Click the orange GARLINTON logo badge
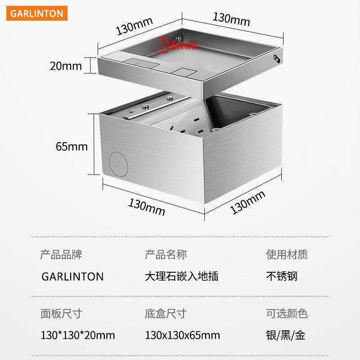tap(37, 13)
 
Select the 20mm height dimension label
tap(66, 66)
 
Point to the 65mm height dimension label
tap(72, 146)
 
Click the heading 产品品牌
tap(62, 255)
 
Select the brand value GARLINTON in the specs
tap(72, 276)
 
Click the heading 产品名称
tap(166, 255)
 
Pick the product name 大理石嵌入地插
tap(181, 276)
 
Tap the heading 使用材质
tap(287, 255)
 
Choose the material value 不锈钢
tap(282, 276)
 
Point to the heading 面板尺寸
tap(62, 314)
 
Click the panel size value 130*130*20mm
tap(78, 335)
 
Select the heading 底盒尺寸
tap(166, 314)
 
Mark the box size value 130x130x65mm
tap(183, 335)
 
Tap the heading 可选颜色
tap(287, 314)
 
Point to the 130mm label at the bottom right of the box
tap(247, 202)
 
